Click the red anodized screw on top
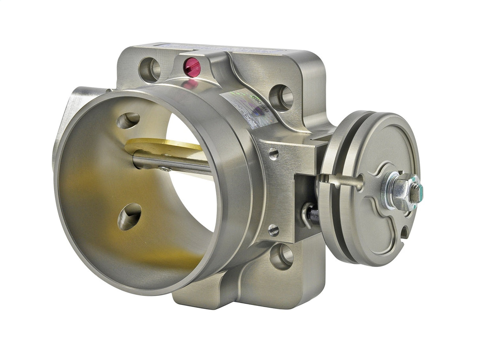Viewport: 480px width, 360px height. pos(192,67)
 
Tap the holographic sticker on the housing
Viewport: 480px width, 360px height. pos(247,107)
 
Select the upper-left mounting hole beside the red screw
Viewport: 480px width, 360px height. pos(149,70)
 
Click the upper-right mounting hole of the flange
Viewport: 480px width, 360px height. pos(281,97)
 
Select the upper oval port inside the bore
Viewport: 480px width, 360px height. pos(128,121)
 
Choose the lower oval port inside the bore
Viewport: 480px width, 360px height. pos(129,217)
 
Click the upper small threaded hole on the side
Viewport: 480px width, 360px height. pos(274,154)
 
